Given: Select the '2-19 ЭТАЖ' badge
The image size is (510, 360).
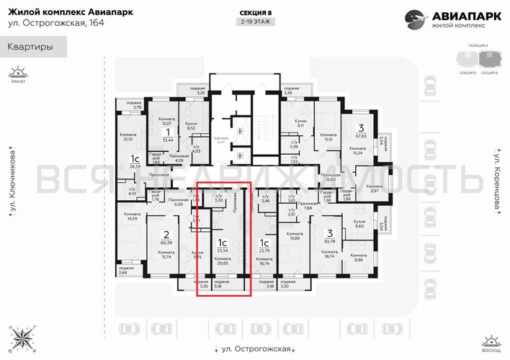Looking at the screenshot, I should click(254, 22).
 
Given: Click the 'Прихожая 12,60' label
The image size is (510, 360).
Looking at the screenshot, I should click(331, 177).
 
